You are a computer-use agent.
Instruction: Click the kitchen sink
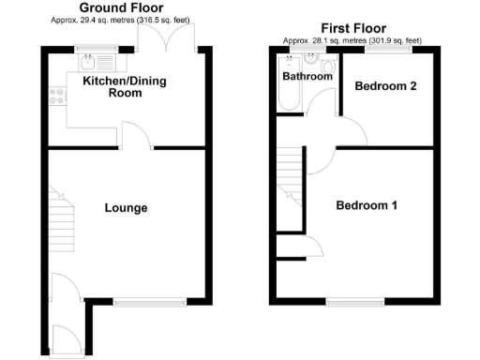pos(85,63)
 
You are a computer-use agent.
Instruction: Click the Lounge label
pos(125,207)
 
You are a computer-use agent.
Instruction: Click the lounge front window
pos(150,302)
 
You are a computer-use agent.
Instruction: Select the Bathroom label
pos(307,77)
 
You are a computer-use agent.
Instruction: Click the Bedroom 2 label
pos(385,85)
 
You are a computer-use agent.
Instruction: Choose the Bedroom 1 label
pos(367,205)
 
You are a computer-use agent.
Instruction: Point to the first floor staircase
pos(291,178)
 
